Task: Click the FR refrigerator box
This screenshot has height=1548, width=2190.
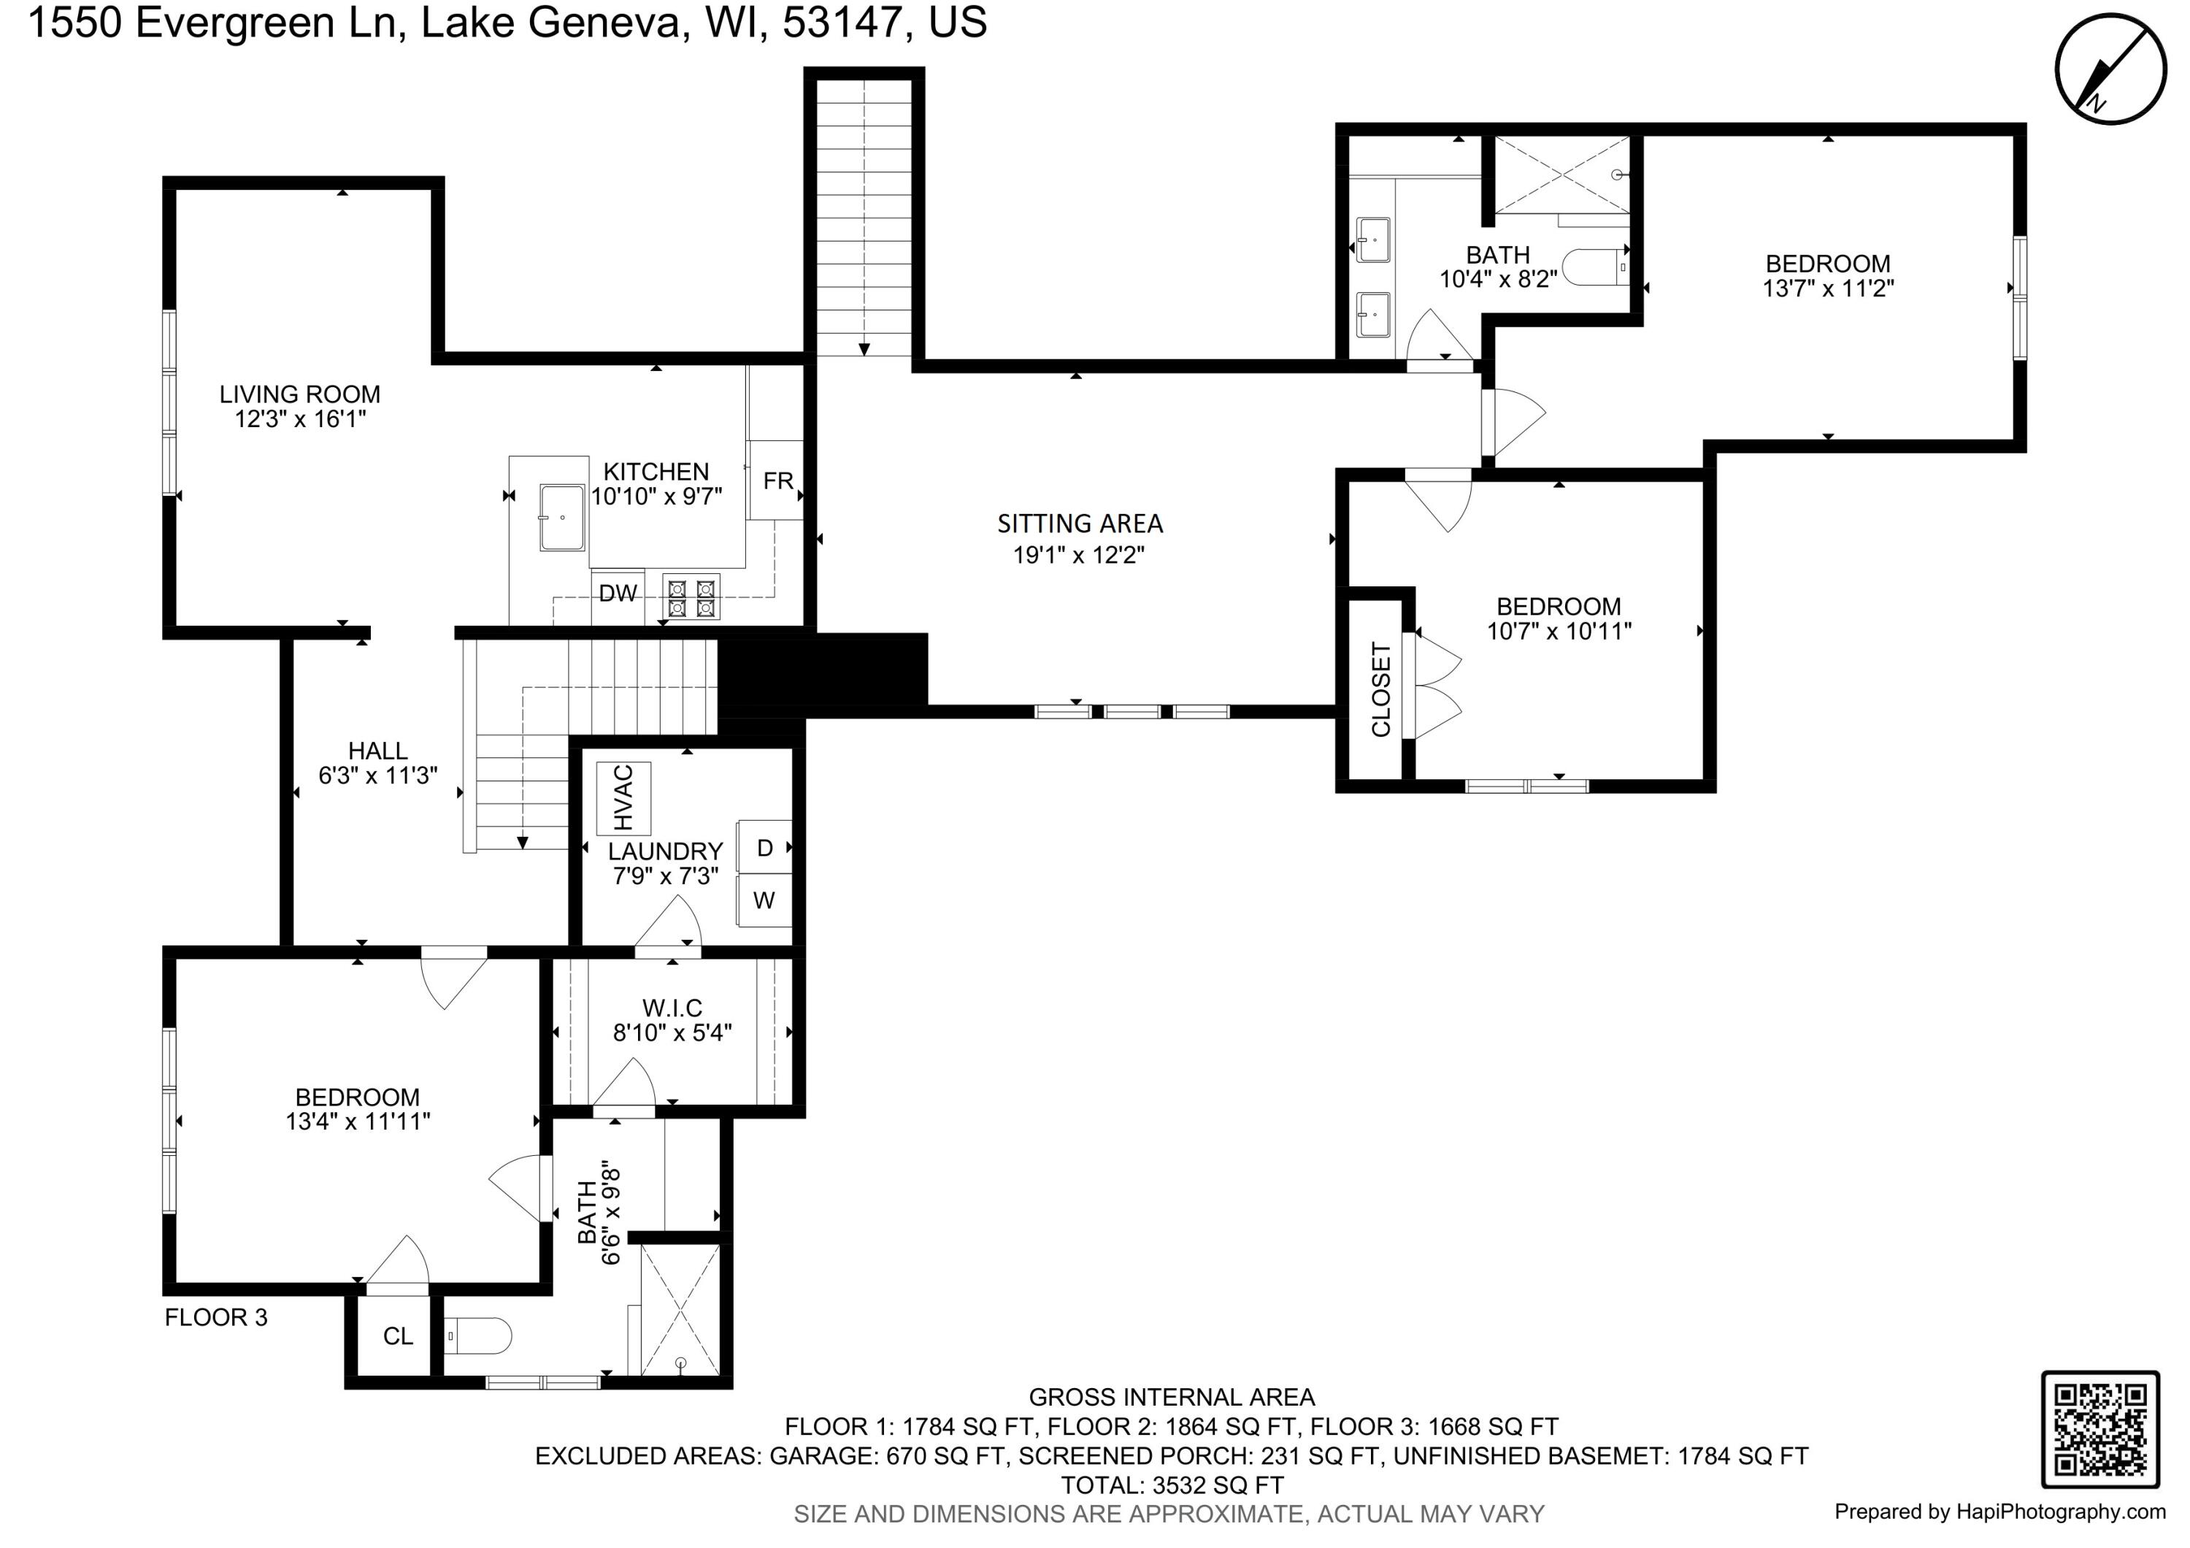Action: [x=777, y=480]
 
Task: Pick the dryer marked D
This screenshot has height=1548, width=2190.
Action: [x=764, y=848]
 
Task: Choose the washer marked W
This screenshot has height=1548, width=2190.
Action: [x=764, y=900]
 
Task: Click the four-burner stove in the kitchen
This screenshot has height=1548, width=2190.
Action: [x=691, y=598]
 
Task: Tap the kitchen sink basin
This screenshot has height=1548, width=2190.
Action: [x=563, y=518]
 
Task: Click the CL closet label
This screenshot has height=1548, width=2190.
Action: [x=398, y=1336]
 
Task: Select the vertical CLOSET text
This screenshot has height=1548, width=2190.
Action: [x=1380, y=689]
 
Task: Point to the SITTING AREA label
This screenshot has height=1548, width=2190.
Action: [x=1080, y=524]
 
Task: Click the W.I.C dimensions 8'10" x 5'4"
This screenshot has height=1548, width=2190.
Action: [x=672, y=1032]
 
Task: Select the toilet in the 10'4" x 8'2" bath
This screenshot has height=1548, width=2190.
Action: [x=1593, y=268]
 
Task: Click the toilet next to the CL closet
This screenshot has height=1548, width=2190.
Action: [x=479, y=1336]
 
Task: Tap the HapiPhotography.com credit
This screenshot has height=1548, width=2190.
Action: [x=1999, y=1511]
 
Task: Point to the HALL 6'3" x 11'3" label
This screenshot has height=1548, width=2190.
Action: [x=377, y=763]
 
